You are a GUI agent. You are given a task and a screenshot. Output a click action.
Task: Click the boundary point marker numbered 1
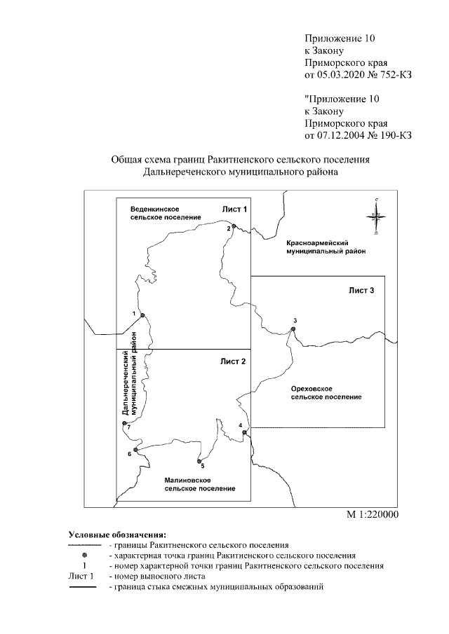[142, 315]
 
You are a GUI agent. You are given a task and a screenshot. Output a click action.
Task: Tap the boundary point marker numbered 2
[234, 226]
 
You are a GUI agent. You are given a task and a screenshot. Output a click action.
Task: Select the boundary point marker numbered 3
[294, 329]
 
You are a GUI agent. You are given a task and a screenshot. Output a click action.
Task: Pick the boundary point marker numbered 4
[244, 433]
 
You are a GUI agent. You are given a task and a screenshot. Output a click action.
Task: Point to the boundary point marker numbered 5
[200, 461]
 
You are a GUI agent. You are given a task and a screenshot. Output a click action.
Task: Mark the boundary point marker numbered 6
[135, 449]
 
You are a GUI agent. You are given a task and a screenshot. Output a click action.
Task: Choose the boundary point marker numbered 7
[124, 424]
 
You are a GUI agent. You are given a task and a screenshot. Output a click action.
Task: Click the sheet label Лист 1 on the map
[235, 209]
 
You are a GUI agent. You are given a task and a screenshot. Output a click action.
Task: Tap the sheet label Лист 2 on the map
[234, 361]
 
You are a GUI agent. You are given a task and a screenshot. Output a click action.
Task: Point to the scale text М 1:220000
[373, 515]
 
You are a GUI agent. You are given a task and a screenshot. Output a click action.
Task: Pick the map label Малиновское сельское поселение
[199, 483]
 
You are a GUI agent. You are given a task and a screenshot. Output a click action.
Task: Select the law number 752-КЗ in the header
[393, 75]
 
